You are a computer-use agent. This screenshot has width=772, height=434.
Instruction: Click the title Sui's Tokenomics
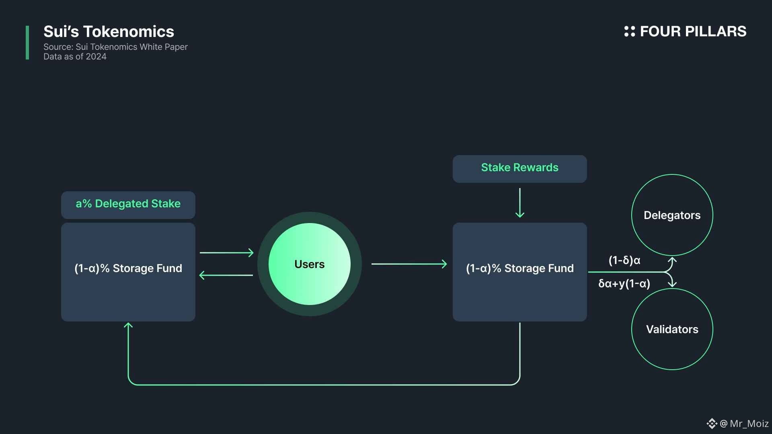109,32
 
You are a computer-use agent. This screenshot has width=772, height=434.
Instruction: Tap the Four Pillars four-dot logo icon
629,31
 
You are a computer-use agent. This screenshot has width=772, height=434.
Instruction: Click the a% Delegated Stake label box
128,205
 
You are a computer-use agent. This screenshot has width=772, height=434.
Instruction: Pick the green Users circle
309,264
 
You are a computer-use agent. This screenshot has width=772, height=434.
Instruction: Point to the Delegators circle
672,215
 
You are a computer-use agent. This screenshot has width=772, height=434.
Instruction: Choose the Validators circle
672,329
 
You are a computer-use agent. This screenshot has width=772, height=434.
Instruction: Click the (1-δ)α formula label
624,260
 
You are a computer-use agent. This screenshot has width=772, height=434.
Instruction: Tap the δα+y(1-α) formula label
624,284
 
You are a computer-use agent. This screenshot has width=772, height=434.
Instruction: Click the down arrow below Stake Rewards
519,203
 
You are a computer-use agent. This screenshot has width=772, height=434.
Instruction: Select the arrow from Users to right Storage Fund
409,264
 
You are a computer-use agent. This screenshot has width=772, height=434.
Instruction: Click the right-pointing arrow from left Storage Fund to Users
226,253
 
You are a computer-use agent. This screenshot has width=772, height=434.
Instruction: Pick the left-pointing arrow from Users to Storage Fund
226,275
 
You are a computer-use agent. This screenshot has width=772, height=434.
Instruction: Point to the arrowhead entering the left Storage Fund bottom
128,325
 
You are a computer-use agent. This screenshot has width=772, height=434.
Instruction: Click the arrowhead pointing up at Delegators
672,260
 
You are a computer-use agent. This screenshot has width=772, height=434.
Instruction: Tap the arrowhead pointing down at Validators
672,284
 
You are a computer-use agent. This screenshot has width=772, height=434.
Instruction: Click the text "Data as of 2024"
75,57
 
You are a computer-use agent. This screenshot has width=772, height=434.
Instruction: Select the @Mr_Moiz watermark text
744,424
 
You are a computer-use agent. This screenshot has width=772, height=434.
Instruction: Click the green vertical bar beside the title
27,43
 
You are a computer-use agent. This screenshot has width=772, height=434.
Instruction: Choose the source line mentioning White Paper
115,47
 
